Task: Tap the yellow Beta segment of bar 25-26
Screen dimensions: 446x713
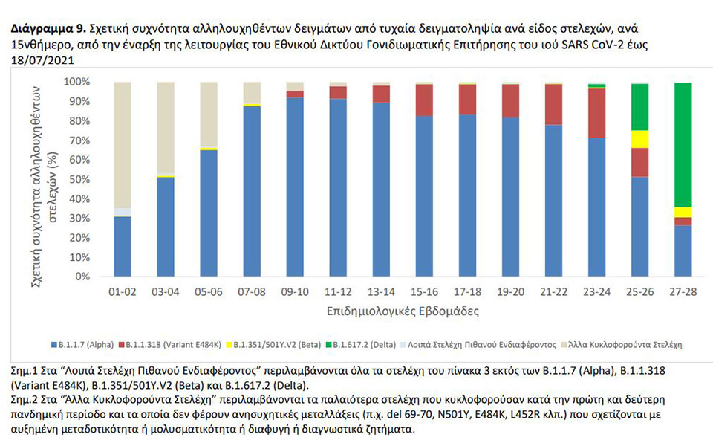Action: coord(639,139)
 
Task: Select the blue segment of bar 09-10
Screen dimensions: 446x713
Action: coord(295,186)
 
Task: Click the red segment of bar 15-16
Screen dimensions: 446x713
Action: coord(424,100)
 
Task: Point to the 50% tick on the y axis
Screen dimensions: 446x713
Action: coord(95,179)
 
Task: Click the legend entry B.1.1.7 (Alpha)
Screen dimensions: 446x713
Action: coord(82,345)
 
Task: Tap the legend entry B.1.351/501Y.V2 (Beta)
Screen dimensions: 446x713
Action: coord(274,345)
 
